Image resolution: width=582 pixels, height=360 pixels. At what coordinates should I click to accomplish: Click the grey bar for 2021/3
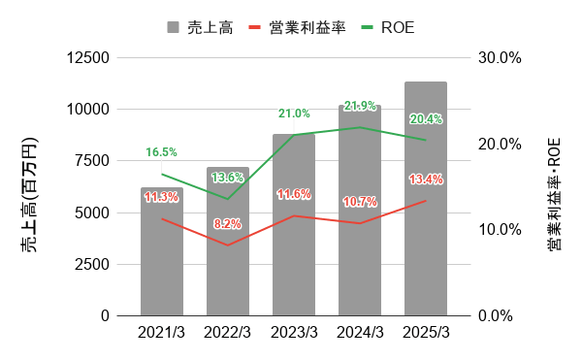coord(162,262)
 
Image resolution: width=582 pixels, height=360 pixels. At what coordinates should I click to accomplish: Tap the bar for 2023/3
coord(294,262)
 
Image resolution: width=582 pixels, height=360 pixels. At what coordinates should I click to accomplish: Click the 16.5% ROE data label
coord(162,152)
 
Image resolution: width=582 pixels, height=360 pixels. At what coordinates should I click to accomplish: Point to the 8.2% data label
coord(228,224)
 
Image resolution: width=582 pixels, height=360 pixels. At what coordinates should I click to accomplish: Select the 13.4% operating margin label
coord(426,180)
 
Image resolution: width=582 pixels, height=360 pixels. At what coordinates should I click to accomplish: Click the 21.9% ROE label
coord(360,106)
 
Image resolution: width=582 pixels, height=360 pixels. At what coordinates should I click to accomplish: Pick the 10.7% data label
coord(360,202)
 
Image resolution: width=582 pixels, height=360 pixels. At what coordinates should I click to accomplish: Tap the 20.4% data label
coord(426,119)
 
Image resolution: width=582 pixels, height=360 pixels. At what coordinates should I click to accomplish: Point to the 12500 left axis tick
coord(89,57)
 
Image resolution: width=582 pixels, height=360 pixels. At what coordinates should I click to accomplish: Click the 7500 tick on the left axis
coord(93,161)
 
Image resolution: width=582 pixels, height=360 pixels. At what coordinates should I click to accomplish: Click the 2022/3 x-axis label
coord(228,333)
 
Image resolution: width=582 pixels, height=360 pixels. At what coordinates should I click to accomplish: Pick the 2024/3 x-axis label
coord(360,333)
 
